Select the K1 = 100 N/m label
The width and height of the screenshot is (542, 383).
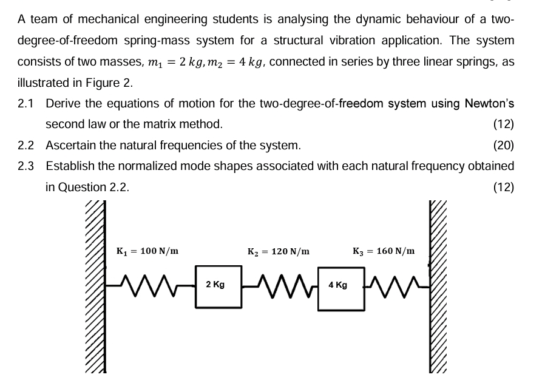[147, 250]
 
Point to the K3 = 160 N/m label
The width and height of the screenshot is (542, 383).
[384, 250]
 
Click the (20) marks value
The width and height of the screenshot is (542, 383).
[504, 146]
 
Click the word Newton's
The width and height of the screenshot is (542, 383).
[489, 104]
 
